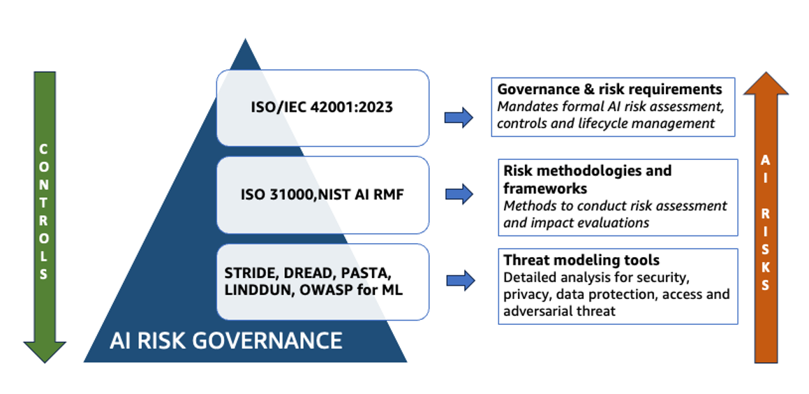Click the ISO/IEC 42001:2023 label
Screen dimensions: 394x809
tap(322, 108)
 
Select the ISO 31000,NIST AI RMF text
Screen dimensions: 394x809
tap(322, 195)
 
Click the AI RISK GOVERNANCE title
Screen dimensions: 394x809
tap(225, 340)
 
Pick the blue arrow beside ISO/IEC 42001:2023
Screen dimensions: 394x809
tap(459, 117)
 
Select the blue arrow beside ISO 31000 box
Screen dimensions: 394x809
tap(459, 194)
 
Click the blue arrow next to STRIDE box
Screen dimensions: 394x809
tap(461, 280)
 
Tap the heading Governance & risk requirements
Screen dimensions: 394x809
tap(609, 89)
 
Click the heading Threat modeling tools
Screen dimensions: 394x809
tap(581, 260)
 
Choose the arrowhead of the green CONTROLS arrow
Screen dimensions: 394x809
tap(45, 351)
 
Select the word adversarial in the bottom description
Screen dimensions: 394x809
tap(538, 311)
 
